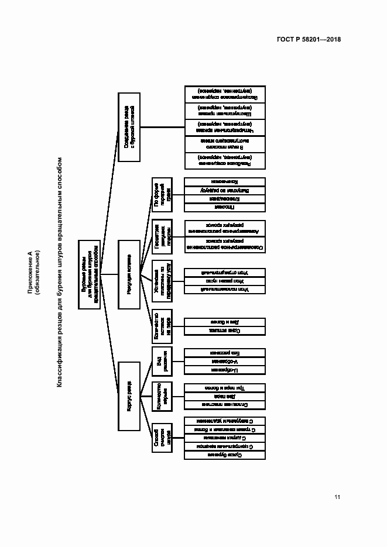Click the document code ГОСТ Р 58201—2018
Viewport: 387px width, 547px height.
[x=309, y=40]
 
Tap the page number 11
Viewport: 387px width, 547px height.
[x=337, y=497]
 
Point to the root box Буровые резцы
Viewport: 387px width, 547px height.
[x=89, y=274]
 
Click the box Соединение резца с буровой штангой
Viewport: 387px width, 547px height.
[x=129, y=126]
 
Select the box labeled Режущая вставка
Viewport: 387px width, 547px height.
[x=129, y=274]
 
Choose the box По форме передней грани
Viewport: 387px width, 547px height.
[x=162, y=194]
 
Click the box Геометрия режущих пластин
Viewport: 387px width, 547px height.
[x=162, y=237]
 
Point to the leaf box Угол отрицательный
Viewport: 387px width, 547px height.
[x=225, y=272]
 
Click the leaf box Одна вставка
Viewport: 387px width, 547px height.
[x=225, y=331]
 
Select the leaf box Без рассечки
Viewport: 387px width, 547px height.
[x=225, y=353]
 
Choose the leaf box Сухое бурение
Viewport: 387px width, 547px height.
[x=225, y=454]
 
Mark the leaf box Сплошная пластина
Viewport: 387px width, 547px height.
[x=225, y=404]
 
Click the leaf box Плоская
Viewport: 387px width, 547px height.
[x=225, y=207]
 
